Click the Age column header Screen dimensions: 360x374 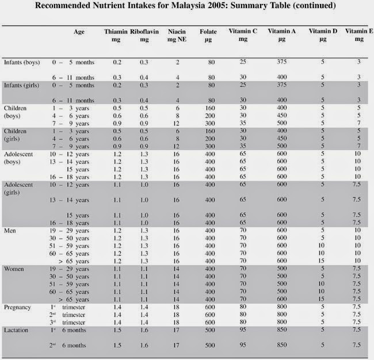79,33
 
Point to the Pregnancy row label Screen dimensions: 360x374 17,308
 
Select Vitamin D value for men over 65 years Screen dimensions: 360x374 322,261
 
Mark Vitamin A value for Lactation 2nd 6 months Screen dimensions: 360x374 281,344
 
